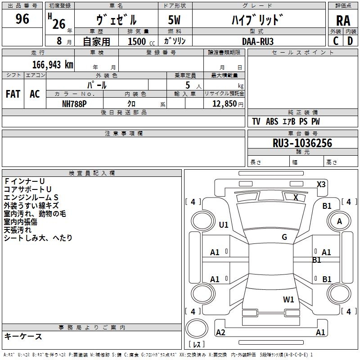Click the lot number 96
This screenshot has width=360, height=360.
point(22,18)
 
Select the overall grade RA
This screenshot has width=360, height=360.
point(343,21)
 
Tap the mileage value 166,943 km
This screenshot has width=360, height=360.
point(53,65)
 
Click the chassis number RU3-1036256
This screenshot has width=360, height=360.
point(302,143)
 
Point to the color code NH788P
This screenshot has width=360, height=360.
point(74,104)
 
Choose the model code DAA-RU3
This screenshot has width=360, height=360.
point(258,41)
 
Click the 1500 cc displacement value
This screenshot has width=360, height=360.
point(141,41)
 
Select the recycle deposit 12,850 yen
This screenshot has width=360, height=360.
point(228,104)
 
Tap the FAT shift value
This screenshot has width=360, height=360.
point(13,94)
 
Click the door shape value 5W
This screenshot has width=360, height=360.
point(174,20)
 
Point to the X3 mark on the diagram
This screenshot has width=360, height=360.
point(321,184)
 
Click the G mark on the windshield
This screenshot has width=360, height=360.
point(284,237)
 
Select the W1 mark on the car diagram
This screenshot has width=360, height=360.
point(288,299)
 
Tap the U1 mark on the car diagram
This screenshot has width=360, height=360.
point(224,225)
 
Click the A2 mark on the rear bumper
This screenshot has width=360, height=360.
point(220,332)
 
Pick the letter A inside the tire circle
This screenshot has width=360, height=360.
point(339,221)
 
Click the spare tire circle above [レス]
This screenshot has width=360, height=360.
point(197,328)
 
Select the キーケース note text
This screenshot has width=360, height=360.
point(23,336)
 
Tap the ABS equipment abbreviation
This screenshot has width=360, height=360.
point(272,121)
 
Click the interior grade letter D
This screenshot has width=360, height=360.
point(350,41)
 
